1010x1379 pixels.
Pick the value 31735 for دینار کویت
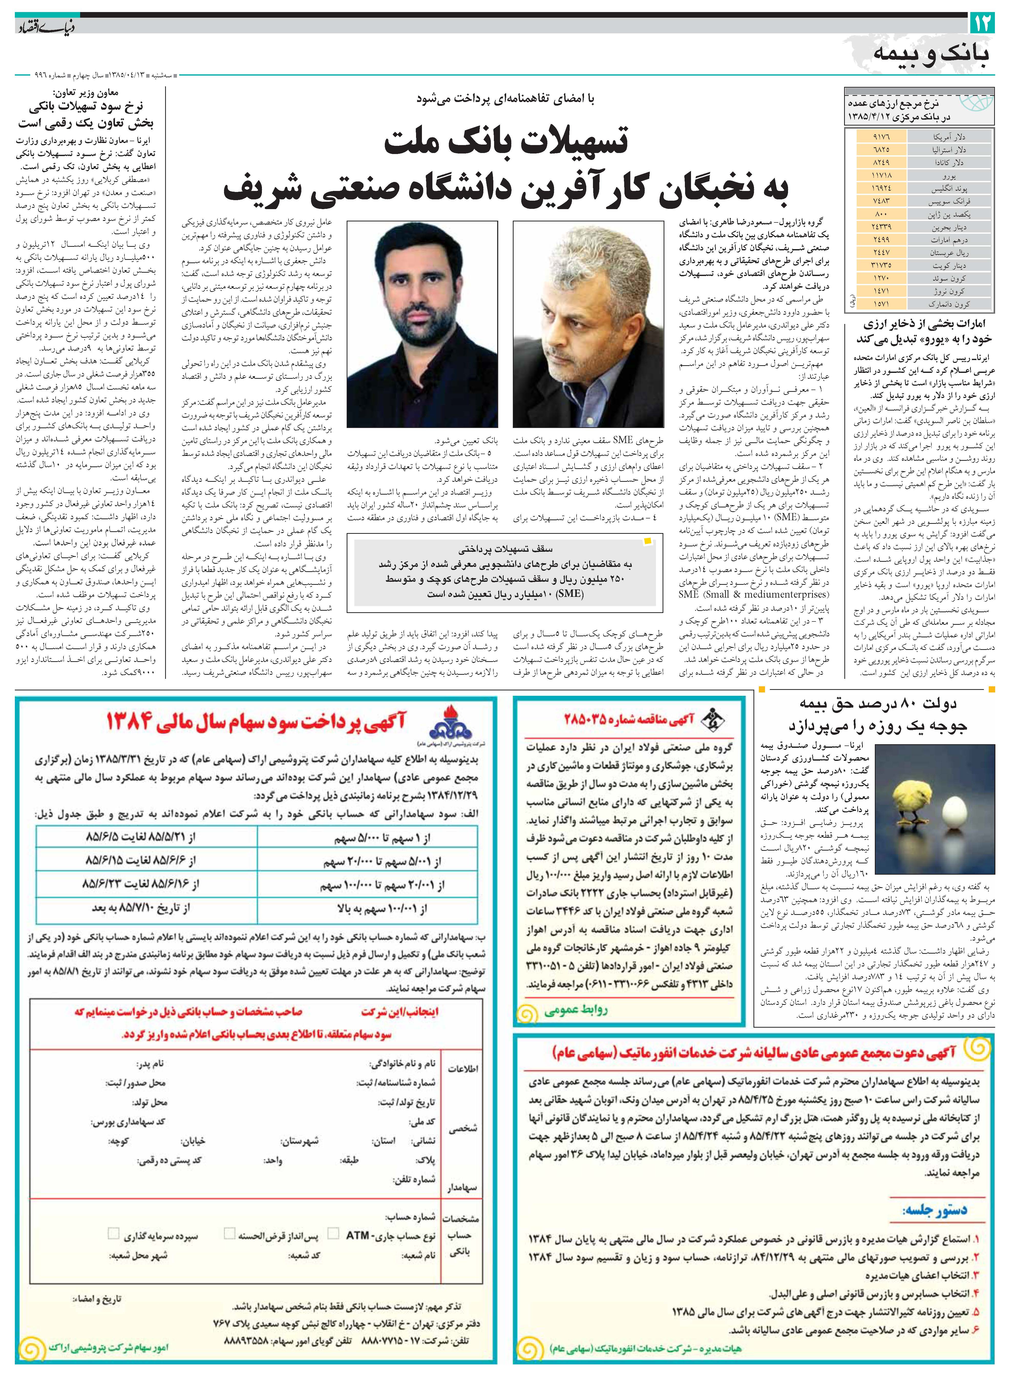pyautogui.click(x=881, y=265)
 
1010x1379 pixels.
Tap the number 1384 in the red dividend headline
pyautogui.click(x=128, y=722)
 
